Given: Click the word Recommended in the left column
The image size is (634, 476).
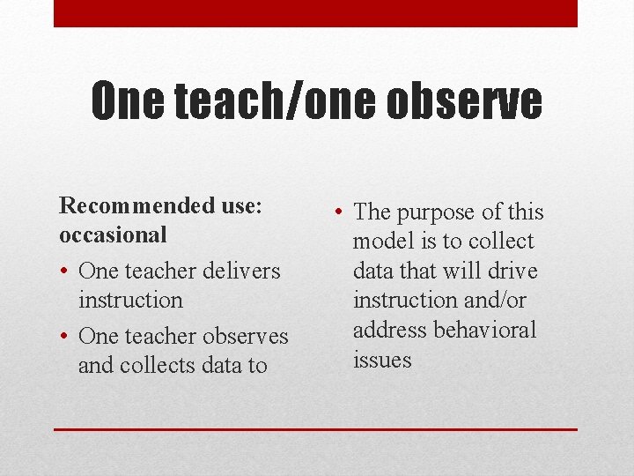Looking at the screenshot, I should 135,206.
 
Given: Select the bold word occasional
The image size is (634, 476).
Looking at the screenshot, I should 113,235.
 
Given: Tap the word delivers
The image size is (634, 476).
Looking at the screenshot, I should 238,271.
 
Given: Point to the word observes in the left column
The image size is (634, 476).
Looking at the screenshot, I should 246,336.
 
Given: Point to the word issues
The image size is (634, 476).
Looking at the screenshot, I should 382,360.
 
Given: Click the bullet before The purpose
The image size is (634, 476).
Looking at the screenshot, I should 341,212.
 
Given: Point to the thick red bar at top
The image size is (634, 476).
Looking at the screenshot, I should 315,13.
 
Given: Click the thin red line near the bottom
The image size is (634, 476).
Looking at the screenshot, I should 315,429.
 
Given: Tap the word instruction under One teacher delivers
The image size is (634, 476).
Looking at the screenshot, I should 130,300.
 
